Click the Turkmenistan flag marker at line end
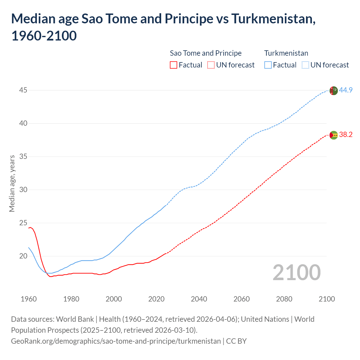tap(333, 91)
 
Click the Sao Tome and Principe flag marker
tap(333, 135)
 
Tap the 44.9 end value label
tap(346, 90)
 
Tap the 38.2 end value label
tap(346, 134)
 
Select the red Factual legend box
tap(174, 65)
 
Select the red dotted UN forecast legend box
tap(211, 65)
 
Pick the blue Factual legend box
tap(268, 65)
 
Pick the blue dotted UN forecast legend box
tap(305, 65)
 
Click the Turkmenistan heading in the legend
tap(286, 53)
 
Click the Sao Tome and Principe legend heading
tap(206, 53)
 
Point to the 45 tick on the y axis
tap(23, 90)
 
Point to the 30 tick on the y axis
tap(23, 190)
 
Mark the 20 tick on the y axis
tap(23, 256)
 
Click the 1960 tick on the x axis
tap(29, 299)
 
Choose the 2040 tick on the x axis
tap(199, 299)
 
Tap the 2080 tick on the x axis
tap(284, 299)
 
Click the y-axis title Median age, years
tap(12, 183)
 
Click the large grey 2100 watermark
tap(296, 272)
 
